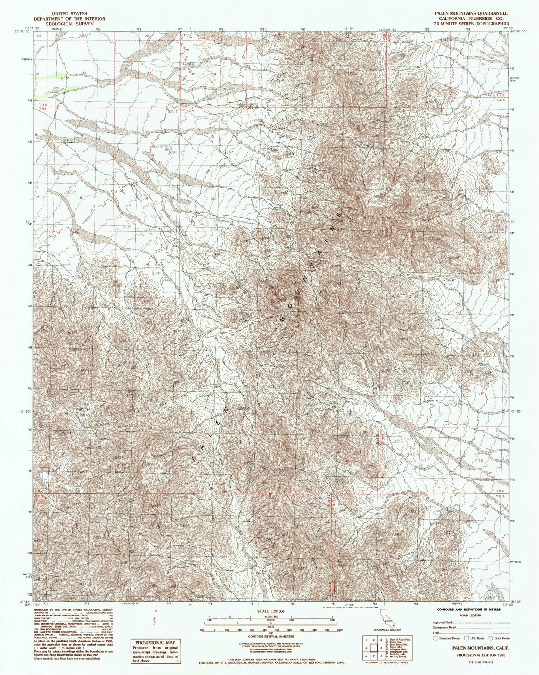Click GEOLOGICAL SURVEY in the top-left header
(69, 24)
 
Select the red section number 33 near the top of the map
(149, 73)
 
